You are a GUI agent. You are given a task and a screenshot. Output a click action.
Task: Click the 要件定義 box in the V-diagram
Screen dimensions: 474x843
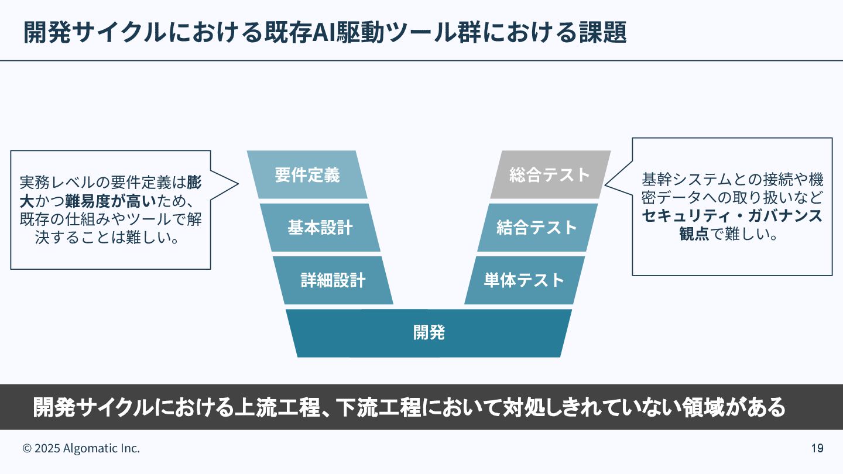pos(307,175)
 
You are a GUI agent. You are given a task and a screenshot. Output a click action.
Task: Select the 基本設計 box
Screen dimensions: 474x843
pos(320,228)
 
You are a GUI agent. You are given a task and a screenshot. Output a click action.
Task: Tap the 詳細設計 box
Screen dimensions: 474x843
pos(333,280)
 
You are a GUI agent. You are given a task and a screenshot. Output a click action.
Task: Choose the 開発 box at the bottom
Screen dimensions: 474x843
pos(429,332)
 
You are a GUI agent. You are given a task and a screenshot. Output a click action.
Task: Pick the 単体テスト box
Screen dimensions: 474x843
pos(524,280)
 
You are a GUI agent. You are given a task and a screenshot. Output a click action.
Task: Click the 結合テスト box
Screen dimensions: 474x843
pos(537,228)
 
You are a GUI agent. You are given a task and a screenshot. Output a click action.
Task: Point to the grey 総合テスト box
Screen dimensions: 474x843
pos(550,175)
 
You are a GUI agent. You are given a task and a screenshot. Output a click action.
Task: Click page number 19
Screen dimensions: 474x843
pos(817,448)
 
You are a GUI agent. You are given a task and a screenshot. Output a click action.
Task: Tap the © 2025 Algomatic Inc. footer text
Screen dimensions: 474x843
pos(81,448)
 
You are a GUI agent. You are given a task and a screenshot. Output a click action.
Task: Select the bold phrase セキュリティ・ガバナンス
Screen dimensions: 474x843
pos(732,216)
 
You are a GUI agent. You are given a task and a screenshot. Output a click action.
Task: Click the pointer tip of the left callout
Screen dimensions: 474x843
pos(238,184)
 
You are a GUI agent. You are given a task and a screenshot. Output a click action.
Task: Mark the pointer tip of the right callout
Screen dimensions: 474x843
pos(605,186)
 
